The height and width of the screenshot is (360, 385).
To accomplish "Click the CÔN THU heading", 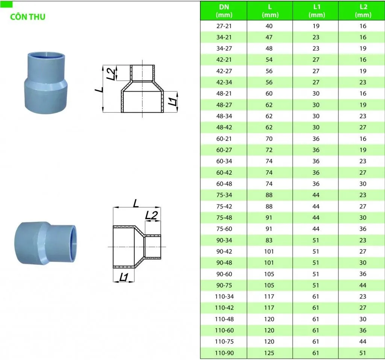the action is coord(28,17).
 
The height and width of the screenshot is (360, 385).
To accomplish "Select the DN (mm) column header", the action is coord(224,11).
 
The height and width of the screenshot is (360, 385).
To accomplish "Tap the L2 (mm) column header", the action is coord(363,11).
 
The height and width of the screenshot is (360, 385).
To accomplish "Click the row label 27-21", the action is coord(224,26).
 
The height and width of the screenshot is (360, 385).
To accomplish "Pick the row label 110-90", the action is coord(224,353).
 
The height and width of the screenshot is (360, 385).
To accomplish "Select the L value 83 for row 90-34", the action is coord(269,240).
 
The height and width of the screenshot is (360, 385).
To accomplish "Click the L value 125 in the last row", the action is coord(269,353).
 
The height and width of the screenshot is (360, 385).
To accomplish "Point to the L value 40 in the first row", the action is coord(269,26).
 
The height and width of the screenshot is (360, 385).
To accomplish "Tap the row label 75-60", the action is coord(224,229).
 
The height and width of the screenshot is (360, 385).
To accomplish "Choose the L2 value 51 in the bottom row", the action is coord(363,353).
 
